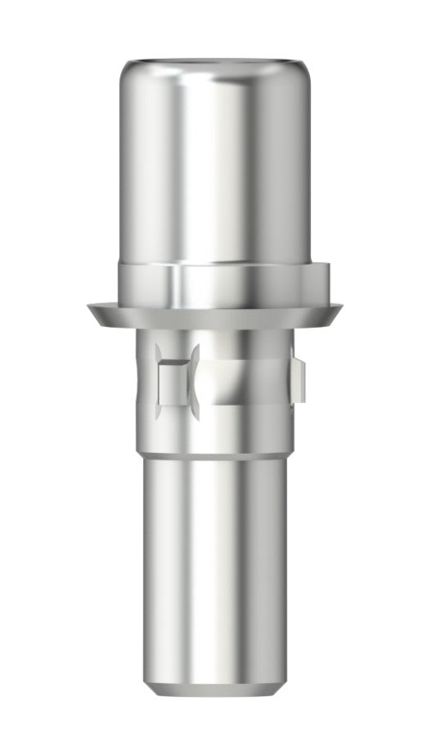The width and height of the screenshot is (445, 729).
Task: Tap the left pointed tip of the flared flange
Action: tap(89, 309)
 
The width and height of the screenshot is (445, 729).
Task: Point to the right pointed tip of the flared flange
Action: tap(339, 309)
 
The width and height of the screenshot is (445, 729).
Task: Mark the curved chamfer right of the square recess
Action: tap(196, 382)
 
